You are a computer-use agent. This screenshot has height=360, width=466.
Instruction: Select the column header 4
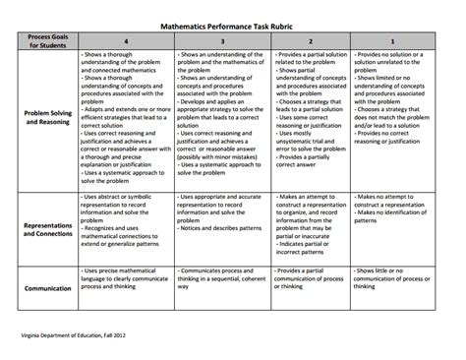pos(124,41)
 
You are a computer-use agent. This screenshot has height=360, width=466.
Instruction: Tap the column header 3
pos(221,41)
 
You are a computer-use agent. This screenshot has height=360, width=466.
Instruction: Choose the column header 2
pos(308,41)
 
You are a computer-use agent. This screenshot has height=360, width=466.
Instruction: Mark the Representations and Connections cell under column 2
pos(308,226)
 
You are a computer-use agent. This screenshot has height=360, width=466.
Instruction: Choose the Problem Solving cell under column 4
pos(124,118)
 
